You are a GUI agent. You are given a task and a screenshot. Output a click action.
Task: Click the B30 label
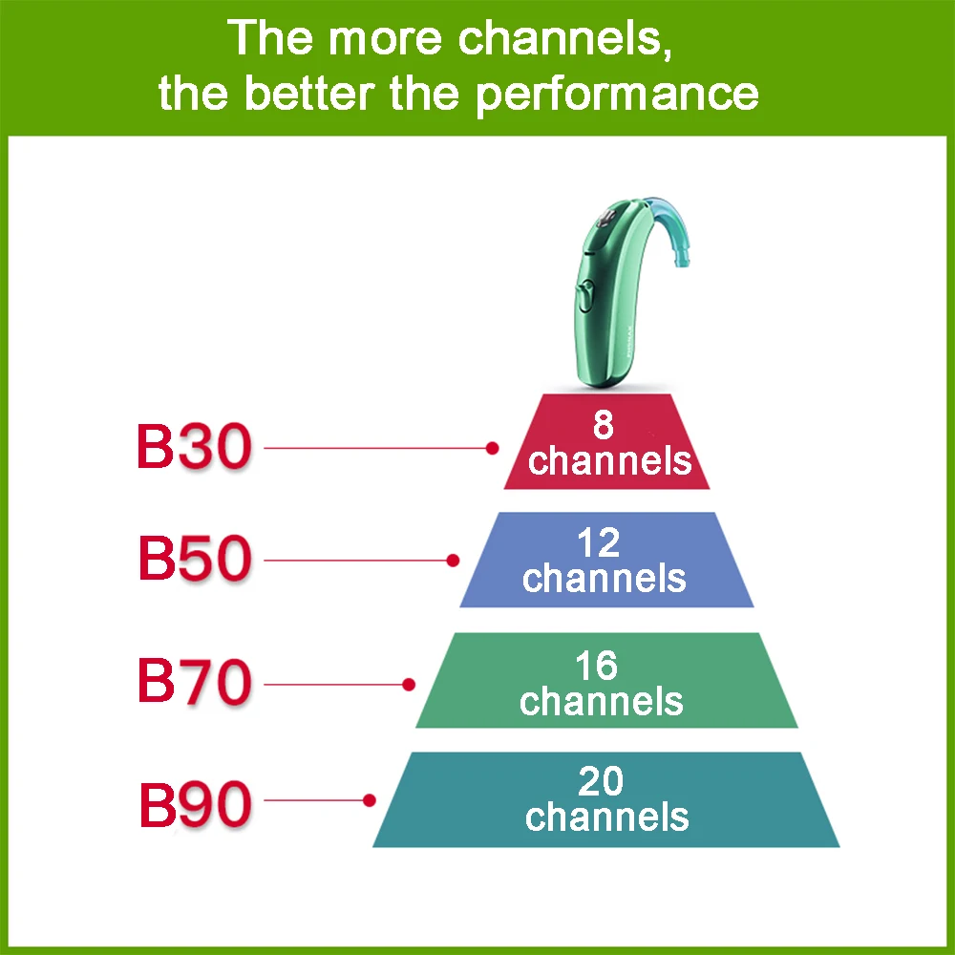click(x=193, y=447)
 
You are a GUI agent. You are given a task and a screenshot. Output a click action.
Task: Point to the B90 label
click(x=195, y=805)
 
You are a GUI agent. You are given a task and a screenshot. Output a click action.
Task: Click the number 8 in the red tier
click(x=603, y=426)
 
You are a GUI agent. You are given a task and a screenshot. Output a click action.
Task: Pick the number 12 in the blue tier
click(x=599, y=543)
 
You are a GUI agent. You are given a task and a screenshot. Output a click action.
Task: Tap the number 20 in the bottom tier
click(x=601, y=782)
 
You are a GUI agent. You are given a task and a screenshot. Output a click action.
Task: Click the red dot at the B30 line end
click(x=493, y=447)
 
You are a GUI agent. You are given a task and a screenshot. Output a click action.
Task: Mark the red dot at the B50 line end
click(x=454, y=560)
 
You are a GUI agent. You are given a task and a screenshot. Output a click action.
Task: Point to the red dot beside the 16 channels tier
click(x=409, y=685)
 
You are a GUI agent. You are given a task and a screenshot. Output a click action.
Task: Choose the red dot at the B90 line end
click(x=370, y=800)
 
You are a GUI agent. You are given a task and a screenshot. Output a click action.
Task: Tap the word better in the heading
click(x=338, y=93)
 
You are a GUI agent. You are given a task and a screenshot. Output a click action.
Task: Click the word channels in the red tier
click(x=609, y=460)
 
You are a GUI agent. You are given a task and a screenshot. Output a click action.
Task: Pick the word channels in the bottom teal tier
click(x=606, y=817)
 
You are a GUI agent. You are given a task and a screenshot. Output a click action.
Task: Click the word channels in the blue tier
click(x=604, y=578)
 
